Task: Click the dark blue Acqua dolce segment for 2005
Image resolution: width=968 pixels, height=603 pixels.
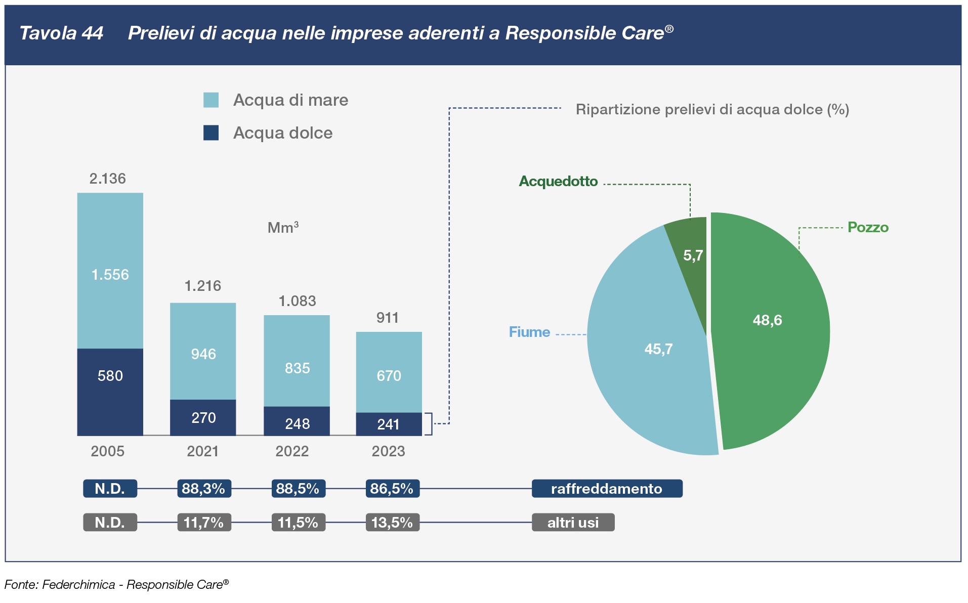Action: [110, 392]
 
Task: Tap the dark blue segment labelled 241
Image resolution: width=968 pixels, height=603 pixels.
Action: [389, 424]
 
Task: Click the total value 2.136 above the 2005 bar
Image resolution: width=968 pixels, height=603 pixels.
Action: [107, 179]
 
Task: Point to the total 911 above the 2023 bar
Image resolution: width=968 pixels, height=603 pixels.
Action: [388, 318]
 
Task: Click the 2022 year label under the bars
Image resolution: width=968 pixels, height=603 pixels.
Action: [292, 451]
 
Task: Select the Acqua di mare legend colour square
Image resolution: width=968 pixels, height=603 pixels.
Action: [211, 100]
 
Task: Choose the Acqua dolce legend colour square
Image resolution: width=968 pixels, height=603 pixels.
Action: [211, 133]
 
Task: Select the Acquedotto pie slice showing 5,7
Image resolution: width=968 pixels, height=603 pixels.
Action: [691, 253]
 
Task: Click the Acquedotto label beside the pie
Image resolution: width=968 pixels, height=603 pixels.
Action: [558, 181]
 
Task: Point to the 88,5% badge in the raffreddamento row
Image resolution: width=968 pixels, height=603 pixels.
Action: [298, 489]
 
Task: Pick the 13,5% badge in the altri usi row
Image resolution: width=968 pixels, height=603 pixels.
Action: [392, 523]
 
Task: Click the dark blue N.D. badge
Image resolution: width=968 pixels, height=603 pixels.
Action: [110, 489]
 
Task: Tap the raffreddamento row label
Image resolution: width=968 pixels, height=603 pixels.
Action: [607, 489]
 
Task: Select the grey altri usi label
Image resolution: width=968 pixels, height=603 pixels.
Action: [573, 523]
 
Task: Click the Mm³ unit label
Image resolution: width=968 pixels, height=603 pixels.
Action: [283, 228]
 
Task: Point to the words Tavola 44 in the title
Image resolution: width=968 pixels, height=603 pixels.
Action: [61, 33]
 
